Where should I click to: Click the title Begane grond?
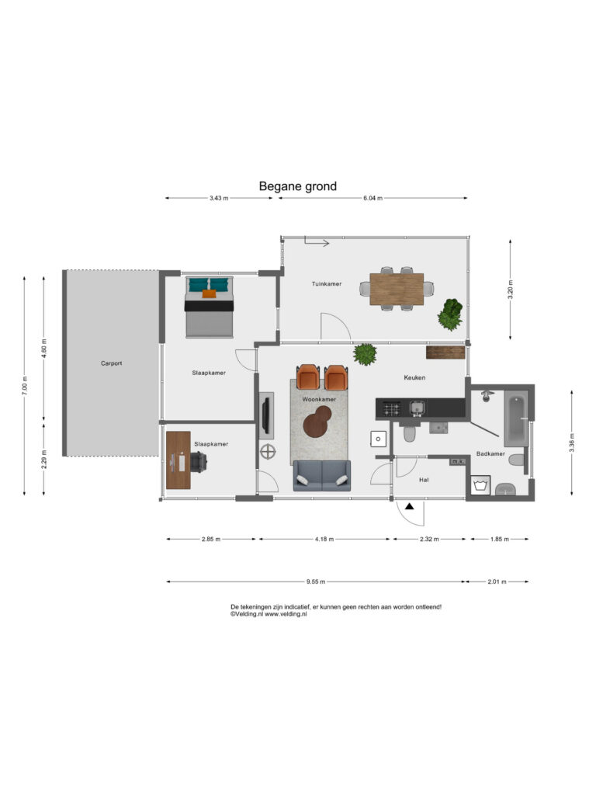click(297, 186)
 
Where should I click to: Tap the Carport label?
click(112, 363)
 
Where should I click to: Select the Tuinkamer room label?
click(327, 284)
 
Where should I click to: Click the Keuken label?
click(414, 377)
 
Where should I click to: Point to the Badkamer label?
click(490, 453)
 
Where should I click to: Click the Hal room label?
click(424, 480)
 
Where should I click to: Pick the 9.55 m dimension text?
click(316, 581)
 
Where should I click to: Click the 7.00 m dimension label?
click(25, 386)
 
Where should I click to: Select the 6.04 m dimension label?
click(372, 198)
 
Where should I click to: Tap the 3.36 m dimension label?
click(572, 443)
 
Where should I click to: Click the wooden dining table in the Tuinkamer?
click(397, 290)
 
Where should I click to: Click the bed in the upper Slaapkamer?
click(210, 307)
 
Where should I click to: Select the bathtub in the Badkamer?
click(516, 418)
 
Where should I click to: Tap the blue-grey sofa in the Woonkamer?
click(322, 476)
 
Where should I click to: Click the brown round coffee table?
click(317, 422)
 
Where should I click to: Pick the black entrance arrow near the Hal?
click(410, 506)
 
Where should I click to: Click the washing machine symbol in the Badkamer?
click(480, 485)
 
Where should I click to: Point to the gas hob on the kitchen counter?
click(391, 408)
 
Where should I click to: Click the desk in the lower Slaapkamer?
click(178, 460)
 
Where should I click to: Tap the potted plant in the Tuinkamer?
click(450, 314)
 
